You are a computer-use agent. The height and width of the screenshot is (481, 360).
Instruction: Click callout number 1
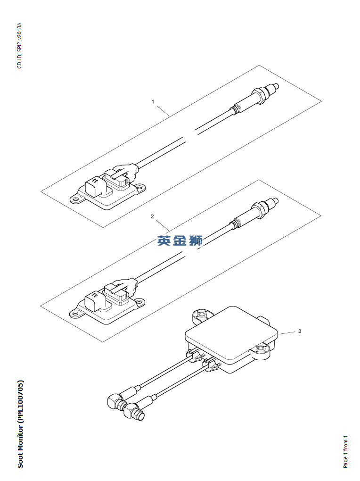pos(153,101)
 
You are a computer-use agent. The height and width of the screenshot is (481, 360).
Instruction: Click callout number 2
pos(152,216)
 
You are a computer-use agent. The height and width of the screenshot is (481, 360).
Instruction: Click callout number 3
pos(300,332)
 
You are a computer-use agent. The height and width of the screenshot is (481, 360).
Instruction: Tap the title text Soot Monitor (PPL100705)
pos(20,424)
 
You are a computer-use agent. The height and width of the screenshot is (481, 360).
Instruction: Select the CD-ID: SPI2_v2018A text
pos(19,45)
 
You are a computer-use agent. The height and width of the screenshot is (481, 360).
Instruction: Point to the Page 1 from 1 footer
pos(345,452)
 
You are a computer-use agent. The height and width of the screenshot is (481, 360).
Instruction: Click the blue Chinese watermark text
pos(180,240)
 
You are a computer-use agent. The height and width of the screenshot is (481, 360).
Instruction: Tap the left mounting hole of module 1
pos(75,199)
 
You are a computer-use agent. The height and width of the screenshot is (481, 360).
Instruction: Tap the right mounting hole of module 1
pos(140,187)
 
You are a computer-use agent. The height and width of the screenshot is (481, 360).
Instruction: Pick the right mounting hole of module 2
pos(139,301)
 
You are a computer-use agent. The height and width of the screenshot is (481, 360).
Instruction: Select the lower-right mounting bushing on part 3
pos(261,349)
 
